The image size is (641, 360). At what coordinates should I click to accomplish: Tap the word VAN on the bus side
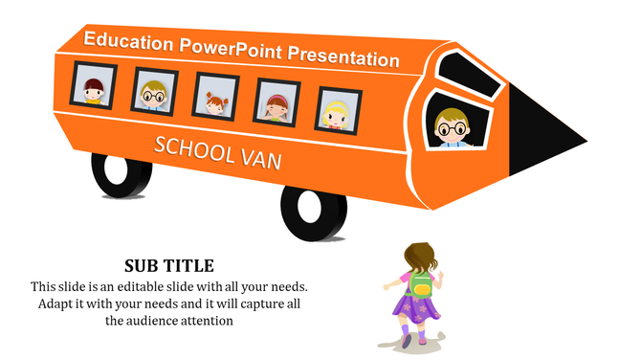point(261,160)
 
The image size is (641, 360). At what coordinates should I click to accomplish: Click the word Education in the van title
point(128,41)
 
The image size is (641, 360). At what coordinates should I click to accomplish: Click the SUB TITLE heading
point(169,265)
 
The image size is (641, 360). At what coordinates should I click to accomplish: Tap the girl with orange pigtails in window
point(214,99)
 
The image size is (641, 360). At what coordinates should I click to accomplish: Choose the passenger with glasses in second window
point(154,94)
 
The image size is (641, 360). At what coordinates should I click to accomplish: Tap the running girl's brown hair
point(419,257)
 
